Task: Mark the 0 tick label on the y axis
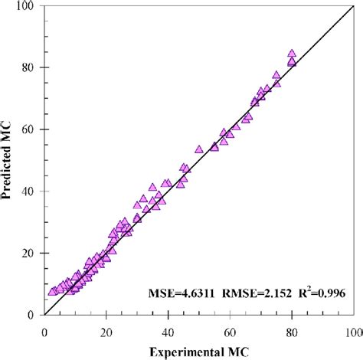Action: coord(34,315)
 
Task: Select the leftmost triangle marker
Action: coord(52,291)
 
